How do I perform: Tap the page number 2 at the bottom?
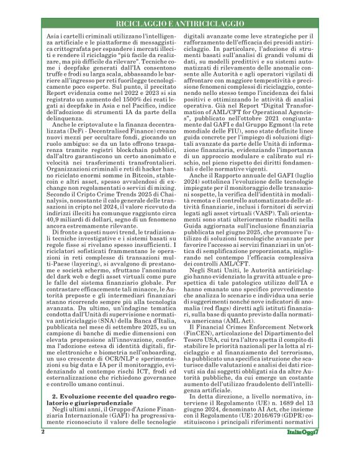(42, 448)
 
